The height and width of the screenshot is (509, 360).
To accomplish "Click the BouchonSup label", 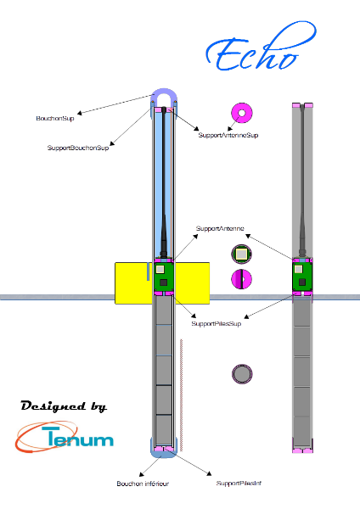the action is click(x=55, y=119).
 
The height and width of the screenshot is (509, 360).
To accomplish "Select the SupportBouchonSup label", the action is click(x=78, y=148).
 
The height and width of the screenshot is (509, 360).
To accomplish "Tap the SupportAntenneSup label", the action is click(x=228, y=135).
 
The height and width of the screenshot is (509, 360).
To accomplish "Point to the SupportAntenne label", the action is click(x=220, y=228).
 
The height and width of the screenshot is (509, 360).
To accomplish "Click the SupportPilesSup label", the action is click(x=216, y=324).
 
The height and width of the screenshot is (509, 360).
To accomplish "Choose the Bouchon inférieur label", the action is click(x=143, y=484).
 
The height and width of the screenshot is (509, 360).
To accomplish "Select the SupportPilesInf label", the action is click(x=239, y=484).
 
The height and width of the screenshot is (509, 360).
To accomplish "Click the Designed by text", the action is click(x=64, y=406).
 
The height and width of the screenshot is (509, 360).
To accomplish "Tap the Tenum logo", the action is click(x=64, y=437).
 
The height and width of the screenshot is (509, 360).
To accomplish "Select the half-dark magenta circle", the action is click(x=241, y=279).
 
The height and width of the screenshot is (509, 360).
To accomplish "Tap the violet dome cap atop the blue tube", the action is click(x=165, y=92).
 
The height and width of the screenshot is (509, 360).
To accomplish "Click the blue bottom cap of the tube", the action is click(x=164, y=454).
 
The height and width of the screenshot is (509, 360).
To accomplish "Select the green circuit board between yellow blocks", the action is click(x=164, y=277).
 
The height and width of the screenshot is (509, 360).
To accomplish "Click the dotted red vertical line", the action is click(x=181, y=395).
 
